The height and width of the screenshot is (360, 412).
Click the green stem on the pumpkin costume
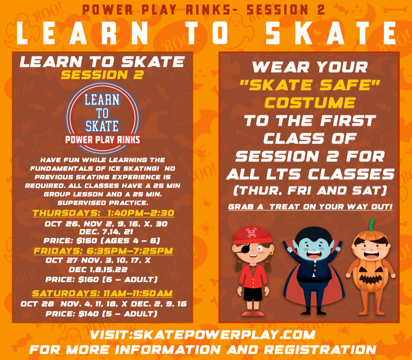point(371,224)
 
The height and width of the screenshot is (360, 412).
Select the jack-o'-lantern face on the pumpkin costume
point(370,279)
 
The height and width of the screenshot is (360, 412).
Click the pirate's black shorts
point(253,294)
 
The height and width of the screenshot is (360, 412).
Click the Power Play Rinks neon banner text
point(102,140)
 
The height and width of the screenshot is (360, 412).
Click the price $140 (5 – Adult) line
point(101,313)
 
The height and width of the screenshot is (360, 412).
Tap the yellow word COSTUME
point(310,103)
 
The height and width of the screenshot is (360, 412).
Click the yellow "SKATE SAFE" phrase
point(310,85)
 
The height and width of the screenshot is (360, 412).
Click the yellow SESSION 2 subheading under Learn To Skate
point(102,75)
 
